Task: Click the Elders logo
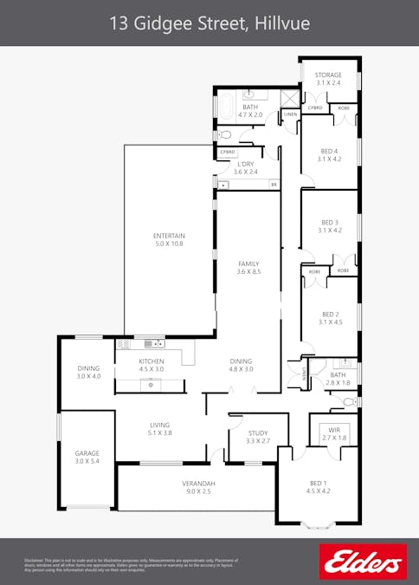(363, 561)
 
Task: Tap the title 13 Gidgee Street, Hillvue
(209, 24)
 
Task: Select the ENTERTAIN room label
(169, 237)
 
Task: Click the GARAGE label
(87, 453)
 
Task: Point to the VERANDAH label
(198, 483)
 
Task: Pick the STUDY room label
(257, 432)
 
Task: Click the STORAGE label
(328, 75)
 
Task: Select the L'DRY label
(245, 164)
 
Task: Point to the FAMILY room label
(248, 264)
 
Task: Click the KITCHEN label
(151, 361)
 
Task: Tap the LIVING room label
(160, 425)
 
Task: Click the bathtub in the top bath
(227, 107)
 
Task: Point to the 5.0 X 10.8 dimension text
(169, 245)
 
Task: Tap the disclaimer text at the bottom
(130, 565)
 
